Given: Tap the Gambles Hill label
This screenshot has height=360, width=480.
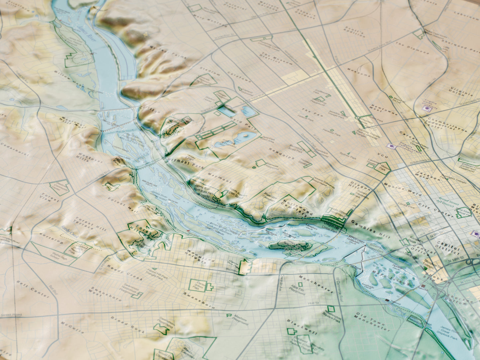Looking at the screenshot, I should tap(369, 227).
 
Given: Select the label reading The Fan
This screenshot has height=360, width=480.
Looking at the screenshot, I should tap(308, 113).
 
